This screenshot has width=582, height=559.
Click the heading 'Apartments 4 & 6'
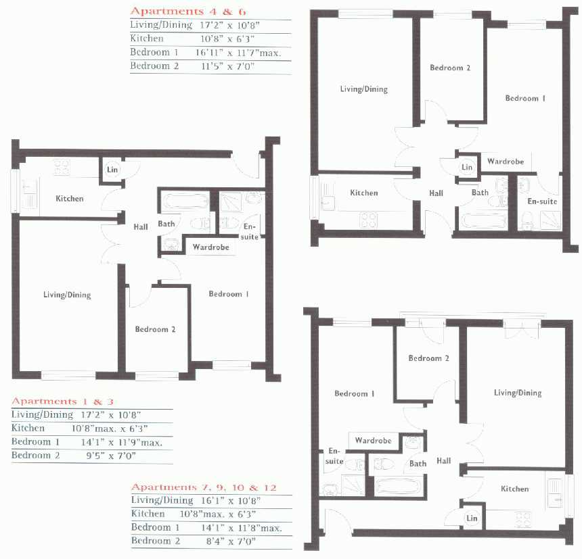(188, 11)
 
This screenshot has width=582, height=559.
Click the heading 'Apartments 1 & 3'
(63, 401)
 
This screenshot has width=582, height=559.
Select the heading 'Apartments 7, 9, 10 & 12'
(204, 487)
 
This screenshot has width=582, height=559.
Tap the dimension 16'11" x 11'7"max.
(238, 53)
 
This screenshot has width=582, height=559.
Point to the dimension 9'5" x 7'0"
(111, 456)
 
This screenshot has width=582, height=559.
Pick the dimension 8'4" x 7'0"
(231, 541)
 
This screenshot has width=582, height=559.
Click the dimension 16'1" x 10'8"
(231, 501)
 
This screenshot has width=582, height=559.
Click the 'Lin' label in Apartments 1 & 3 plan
(112, 170)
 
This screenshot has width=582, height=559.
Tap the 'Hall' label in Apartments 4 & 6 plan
(436, 193)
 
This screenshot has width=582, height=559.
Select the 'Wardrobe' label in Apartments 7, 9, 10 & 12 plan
(373, 441)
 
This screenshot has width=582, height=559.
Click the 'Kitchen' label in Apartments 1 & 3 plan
(70, 199)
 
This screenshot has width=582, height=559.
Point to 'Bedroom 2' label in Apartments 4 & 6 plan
(450, 68)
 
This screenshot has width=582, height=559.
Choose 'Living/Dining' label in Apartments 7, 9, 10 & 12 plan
(518, 393)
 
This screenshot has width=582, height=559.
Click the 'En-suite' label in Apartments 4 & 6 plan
(542, 201)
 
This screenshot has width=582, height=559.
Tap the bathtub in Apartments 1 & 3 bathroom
(185, 201)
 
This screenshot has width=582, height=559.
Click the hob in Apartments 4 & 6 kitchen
(369, 220)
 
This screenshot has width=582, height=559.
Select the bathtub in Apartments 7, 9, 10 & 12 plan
(399, 486)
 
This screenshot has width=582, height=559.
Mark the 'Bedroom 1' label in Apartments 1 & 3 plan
(228, 294)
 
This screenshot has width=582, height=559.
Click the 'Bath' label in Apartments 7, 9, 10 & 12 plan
(418, 464)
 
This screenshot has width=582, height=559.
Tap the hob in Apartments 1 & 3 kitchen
(62, 167)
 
